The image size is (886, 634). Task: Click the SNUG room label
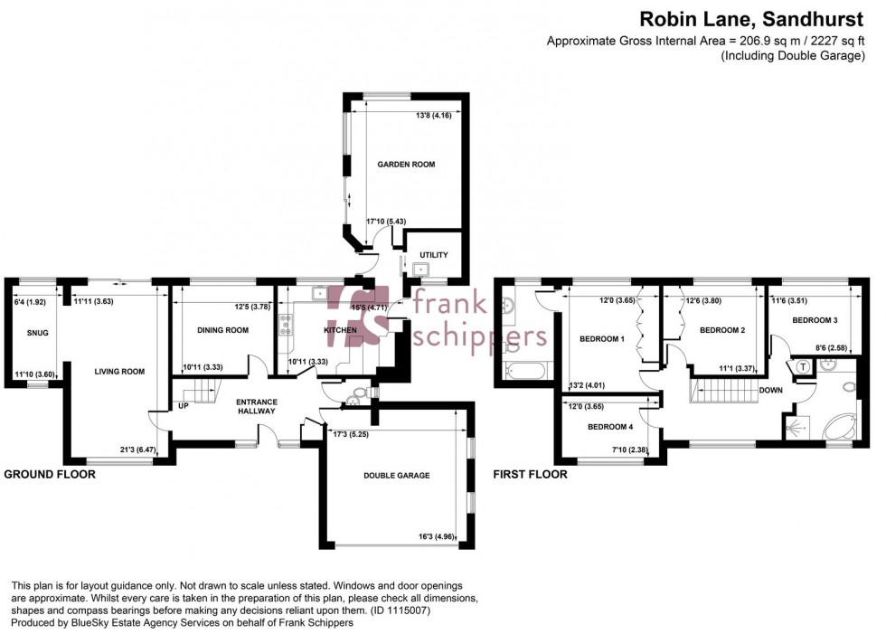pyautogui.click(x=38, y=334)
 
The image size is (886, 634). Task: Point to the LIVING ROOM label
pyautogui.click(x=119, y=371)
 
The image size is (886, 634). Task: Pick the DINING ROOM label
pyautogui.click(x=222, y=330)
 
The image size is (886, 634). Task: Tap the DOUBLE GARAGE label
pyautogui.click(x=396, y=475)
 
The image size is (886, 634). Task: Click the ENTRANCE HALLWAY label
pyautogui.click(x=256, y=407)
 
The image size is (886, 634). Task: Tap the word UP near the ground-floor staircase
pyautogui.click(x=184, y=406)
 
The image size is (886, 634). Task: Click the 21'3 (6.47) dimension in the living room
pyautogui.click(x=135, y=449)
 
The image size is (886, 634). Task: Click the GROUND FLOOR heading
pyautogui.click(x=50, y=473)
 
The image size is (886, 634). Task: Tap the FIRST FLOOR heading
pyautogui.click(x=531, y=473)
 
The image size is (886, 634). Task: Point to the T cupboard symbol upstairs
pyautogui.click(x=801, y=367)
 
